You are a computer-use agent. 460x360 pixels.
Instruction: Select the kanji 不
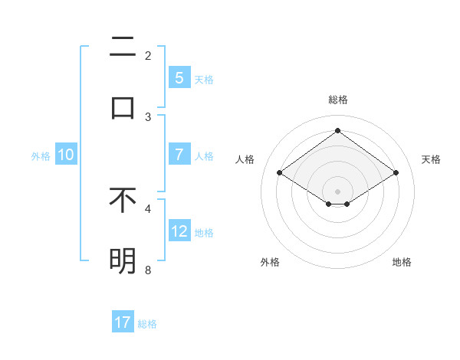(x=123, y=200)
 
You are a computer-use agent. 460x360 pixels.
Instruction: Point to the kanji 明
(x=123, y=261)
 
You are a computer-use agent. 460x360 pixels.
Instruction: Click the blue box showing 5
(x=179, y=77)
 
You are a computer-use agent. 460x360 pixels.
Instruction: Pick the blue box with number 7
(x=179, y=155)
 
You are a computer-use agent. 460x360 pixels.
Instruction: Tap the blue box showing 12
(x=179, y=231)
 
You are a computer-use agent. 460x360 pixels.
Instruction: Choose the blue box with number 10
(x=66, y=155)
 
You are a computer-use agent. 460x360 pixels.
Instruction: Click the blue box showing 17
(x=123, y=322)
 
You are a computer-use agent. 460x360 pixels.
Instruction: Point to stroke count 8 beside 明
(x=148, y=270)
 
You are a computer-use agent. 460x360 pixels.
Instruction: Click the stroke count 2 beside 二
(x=148, y=55)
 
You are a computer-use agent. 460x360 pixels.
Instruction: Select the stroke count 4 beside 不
(x=148, y=208)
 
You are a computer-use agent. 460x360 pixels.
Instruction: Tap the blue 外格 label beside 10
(x=41, y=156)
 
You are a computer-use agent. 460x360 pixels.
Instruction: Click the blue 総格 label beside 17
(x=147, y=324)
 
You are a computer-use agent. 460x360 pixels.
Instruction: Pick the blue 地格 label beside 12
(x=204, y=233)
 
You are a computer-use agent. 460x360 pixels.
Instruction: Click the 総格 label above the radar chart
(x=338, y=100)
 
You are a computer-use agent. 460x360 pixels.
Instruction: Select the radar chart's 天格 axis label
(x=431, y=159)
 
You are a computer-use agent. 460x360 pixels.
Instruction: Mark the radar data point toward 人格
(x=280, y=173)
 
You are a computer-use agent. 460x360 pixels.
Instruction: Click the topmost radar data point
(x=337, y=131)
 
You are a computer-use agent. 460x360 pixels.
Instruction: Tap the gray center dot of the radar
(x=337, y=191)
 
